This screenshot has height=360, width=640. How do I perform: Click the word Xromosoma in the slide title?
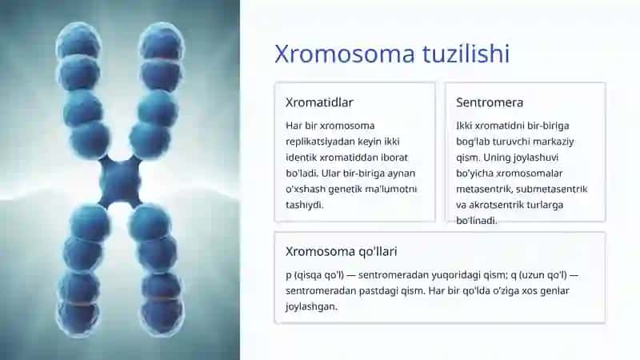coord(345,54)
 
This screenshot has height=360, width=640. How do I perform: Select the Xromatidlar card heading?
coord(319,102)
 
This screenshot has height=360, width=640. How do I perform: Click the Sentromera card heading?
coord(490,102)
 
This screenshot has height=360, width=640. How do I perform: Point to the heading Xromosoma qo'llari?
coord(342,251)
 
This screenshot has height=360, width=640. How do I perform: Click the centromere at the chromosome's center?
coord(120,182)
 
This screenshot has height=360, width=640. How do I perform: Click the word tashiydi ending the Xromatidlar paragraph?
coord(305,206)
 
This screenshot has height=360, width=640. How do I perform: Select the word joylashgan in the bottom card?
coord(311,306)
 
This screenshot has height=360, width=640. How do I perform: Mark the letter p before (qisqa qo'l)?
coord(289,276)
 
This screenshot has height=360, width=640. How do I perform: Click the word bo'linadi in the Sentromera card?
coord(476,221)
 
